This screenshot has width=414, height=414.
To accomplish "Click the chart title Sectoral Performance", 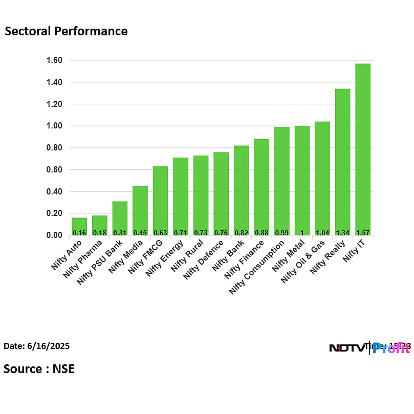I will pyautogui.click(x=66, y=31).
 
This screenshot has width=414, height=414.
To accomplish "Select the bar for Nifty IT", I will pyautogui.click(x=362, y=148).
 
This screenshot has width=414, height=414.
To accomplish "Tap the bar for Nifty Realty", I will pyautogui.click(x=342, y=161).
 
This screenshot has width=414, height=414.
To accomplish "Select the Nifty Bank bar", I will pyautogui.click(x=241, y=189).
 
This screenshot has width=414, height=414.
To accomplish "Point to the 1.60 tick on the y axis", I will pyautogui.click(x=55, y=60).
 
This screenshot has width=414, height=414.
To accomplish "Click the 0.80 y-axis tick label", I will pyautogui.click(x=55, y=148).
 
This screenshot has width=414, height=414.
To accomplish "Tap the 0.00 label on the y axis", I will pyautogui.click(x=55, y=235).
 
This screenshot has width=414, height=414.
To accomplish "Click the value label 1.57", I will pyautogui.click(x=362, y=232).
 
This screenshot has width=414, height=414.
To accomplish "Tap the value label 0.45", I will pyautogui.click(x=140, y=232).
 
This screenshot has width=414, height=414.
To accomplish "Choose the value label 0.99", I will pyautogui.click(x=281, y=232).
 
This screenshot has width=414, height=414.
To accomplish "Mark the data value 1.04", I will pyautogui.click(x=322, y=232).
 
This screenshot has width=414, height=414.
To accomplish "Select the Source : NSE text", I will pyautogui.click(x=39, y=368).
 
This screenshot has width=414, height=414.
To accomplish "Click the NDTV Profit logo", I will pyautogui.click(x=369, y=348).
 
